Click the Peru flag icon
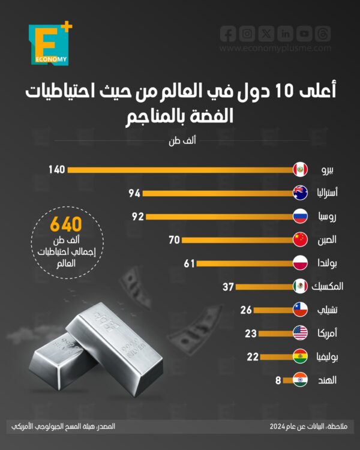300,170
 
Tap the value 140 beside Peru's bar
56,170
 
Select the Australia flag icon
300,193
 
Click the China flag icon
300,239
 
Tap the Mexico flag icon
300,286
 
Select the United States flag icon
300,333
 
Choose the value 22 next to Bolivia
253,356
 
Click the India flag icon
300,380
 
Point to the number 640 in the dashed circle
65,226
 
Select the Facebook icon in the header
227,34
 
